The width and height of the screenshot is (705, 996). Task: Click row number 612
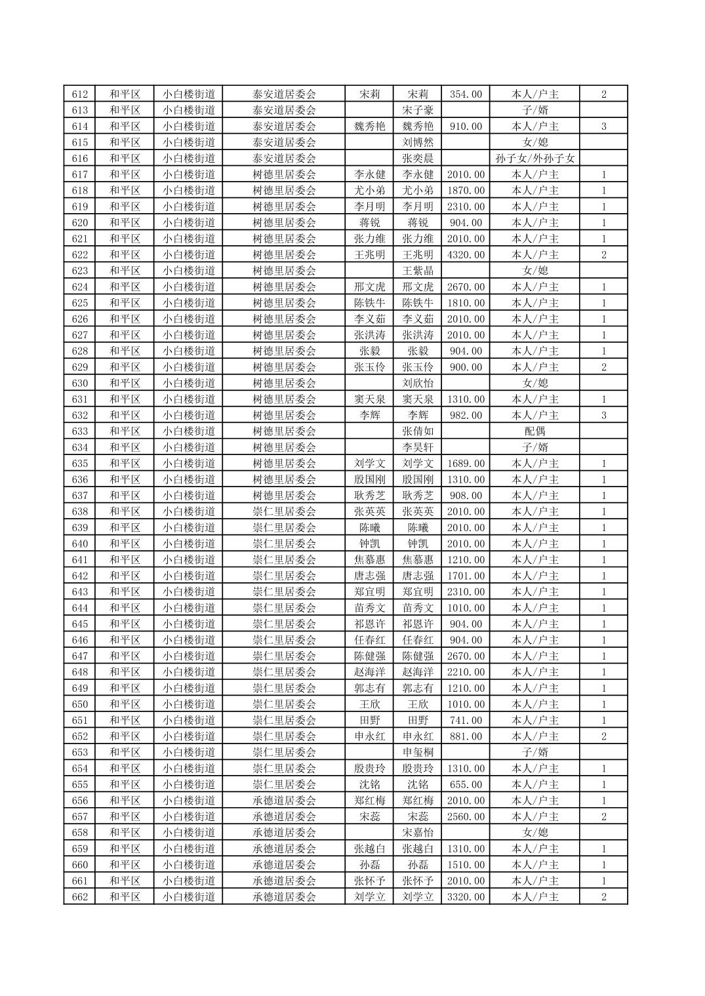pyautogui.click(x=79, y=94)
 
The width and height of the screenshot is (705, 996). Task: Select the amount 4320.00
pyautogui.click(x=466, y=255)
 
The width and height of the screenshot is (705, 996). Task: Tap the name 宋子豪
pyautogui.click(x=418, y=110)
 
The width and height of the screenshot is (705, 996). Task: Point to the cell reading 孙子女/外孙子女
pyautogui.click(x=535, y=158)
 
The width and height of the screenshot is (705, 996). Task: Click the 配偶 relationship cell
pyautogui.click(x=535, y=431)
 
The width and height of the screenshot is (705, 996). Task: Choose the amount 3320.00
pyautogui.click(x=466, y=897)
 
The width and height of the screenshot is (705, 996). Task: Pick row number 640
pyautogui.click(x=79, y=544)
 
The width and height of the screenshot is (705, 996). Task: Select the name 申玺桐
pyautogui.click(x=418, y=752)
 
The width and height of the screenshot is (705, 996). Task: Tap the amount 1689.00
pyautogui.click(x=466, y=464)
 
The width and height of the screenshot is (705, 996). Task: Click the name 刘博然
pyautogui.click(x=418, y=142)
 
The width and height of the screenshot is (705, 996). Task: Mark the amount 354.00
pyautogui.click(x=466, y=94)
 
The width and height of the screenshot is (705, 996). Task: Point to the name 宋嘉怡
pyautogui.click(x=418, y=833)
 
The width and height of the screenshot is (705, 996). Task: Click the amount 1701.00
pyautogui.click(x=466, y=576)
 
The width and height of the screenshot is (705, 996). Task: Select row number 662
pyautogui.click(x=79, y=897)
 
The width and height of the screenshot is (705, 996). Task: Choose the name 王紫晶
pyautogui.click(x=418, y=271)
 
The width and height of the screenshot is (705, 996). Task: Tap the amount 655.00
pyautogui.click(x=466, y=784)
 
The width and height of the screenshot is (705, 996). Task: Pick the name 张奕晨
pyautogui.click(x=418, y=158)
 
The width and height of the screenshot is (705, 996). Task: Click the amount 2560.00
pyautogui.click(x=466, y=816)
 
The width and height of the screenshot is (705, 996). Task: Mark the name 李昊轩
pyautogui.click(x=418, y=447)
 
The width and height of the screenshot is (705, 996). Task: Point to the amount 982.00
pyautogui.click(x=466, y=415)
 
